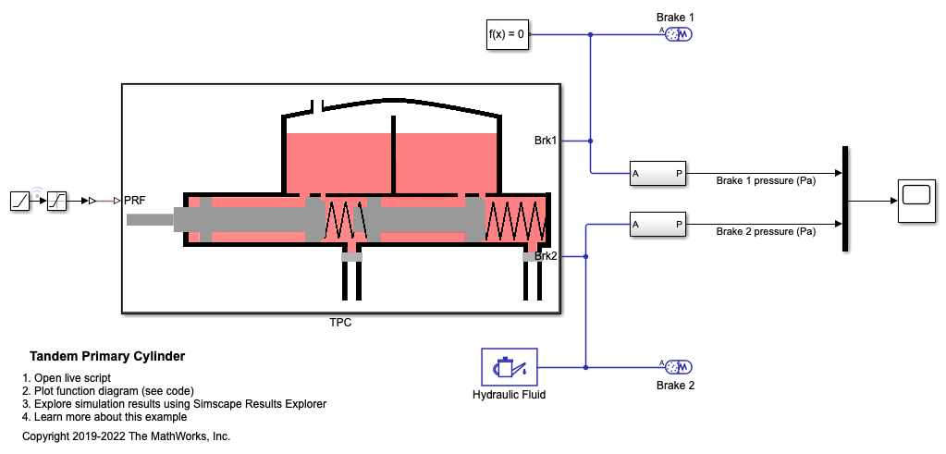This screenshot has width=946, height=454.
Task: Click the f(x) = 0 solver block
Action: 507,35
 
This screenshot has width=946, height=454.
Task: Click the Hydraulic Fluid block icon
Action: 509,367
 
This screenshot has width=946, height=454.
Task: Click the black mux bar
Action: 845,198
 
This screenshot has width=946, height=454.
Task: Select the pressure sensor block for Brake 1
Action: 657,173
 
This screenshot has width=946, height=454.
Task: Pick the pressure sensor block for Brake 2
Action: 657,224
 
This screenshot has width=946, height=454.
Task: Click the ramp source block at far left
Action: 21,200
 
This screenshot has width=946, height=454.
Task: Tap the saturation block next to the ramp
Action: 56,200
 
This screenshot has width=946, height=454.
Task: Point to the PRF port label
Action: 135,200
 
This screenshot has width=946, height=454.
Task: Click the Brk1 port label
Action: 546,141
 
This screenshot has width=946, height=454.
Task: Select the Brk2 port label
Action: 546,256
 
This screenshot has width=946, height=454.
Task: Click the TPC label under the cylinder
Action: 340,324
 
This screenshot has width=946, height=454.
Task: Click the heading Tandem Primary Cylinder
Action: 107,356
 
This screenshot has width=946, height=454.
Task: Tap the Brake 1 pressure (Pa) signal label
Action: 765,180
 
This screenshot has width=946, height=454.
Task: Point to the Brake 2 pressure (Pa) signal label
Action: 765,231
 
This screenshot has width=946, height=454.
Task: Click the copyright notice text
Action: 126,436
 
